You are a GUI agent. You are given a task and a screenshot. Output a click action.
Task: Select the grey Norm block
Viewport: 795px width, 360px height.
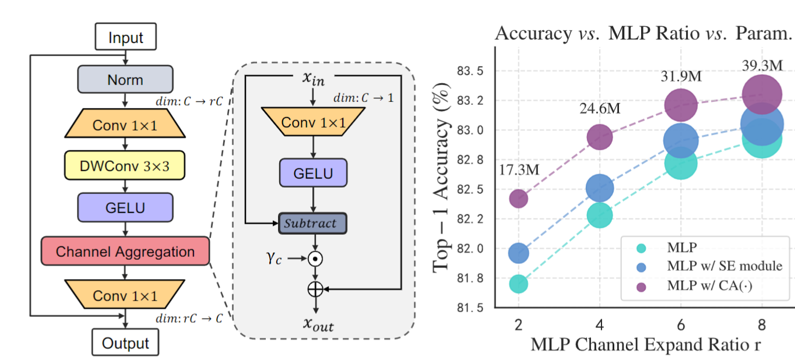pyautogui.click(x=125, y=79)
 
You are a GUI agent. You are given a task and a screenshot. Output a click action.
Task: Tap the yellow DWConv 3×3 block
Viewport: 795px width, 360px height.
pyautogui.click(x=125, y=167)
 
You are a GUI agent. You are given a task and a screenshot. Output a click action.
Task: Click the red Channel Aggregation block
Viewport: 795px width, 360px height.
pyautogui.click(x=125, y=252)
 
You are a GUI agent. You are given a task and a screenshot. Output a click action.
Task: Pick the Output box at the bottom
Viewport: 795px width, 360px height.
pyautogui.click(x=125, y=343)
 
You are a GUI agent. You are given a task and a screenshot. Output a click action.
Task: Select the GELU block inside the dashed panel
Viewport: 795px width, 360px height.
pyautogui.click(x=314, y=174)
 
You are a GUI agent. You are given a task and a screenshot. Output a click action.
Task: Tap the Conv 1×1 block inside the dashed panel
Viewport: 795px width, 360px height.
pyautogui.click(x=314, y=123)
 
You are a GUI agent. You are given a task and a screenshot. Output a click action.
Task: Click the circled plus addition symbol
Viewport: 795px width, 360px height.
pyautogui.click(x=315, y=288)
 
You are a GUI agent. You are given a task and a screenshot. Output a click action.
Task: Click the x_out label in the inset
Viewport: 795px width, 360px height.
pyautogui.click(x=318, y=324)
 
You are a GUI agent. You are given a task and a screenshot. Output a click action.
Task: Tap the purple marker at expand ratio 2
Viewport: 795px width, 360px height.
pyautogui.click(x=518, y=199)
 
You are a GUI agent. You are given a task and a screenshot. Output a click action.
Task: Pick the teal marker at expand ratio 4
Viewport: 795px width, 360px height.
pyautogui.click(x=600, y=216)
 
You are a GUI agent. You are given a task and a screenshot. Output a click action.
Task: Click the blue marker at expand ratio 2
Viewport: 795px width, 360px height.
pyautogui.click(x=518, y=253)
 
